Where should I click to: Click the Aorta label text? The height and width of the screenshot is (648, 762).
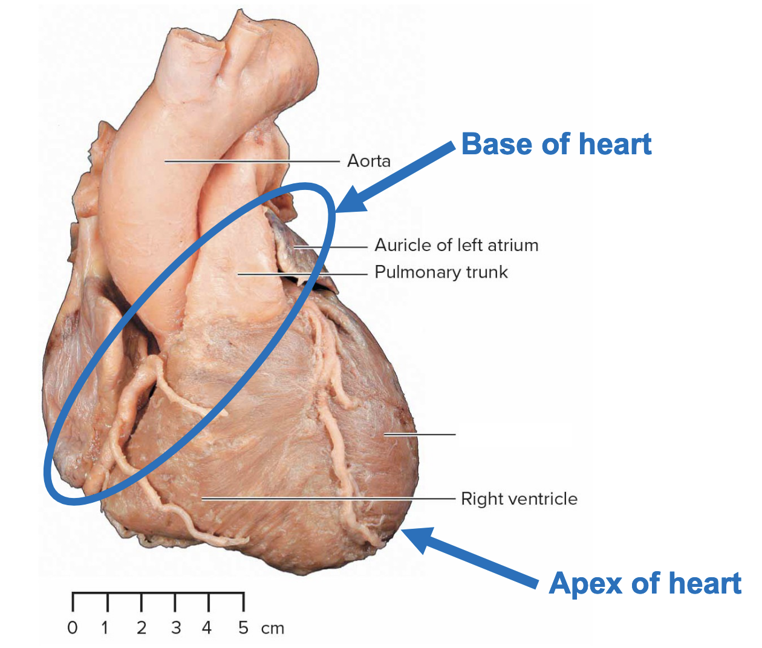[368, 161]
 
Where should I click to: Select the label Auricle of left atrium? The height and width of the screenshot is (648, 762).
[456, 245]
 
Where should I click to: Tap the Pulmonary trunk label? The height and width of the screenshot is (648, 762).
[441, 272]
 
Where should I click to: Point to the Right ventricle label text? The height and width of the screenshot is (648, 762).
[519, 499]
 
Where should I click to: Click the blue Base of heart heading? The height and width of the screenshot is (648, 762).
[556, 145]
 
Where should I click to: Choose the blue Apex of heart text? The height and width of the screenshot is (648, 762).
[645, 584]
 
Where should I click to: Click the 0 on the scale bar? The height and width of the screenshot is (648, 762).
[73, 628]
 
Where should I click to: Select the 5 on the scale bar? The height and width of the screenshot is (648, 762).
[243, 628]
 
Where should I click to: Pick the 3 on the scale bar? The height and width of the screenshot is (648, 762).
[175, 628]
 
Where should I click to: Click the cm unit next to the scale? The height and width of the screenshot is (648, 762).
[273, 629]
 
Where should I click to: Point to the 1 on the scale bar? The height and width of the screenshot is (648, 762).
[105, 628]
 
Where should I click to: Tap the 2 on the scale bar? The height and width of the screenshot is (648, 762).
[141, 628]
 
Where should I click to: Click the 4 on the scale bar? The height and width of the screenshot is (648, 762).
[207, 628]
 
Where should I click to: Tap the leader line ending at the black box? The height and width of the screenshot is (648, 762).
[420, 434]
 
